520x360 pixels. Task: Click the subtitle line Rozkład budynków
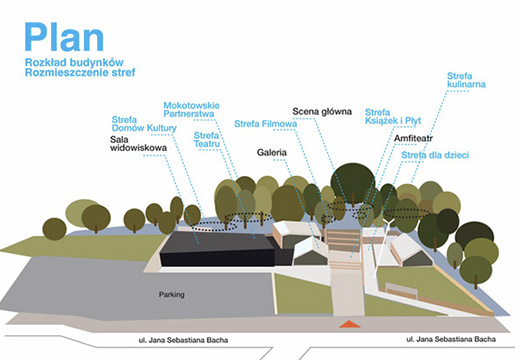point(79,62)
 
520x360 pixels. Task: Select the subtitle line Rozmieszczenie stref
point(81,74)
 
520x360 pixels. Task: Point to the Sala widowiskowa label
point(138,147)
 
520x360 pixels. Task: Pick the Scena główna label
point(322,110)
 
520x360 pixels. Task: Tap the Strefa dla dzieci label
point(435,155)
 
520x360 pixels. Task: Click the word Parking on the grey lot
point(172,296)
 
